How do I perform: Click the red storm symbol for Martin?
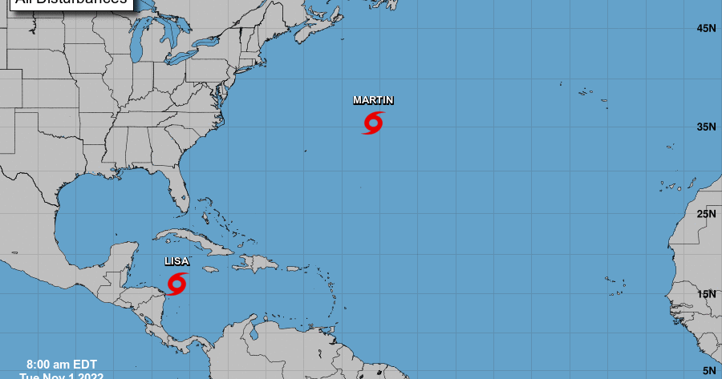[373, 123]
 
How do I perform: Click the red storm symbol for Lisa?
[176, 284]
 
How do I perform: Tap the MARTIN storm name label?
[373, 100]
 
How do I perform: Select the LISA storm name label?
[176, 261]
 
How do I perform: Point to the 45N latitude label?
[706, 29]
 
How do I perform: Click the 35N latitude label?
[706, 127]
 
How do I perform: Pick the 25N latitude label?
[706, 214]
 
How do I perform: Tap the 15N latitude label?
[706, 294]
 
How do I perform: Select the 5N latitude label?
[709, 370]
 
